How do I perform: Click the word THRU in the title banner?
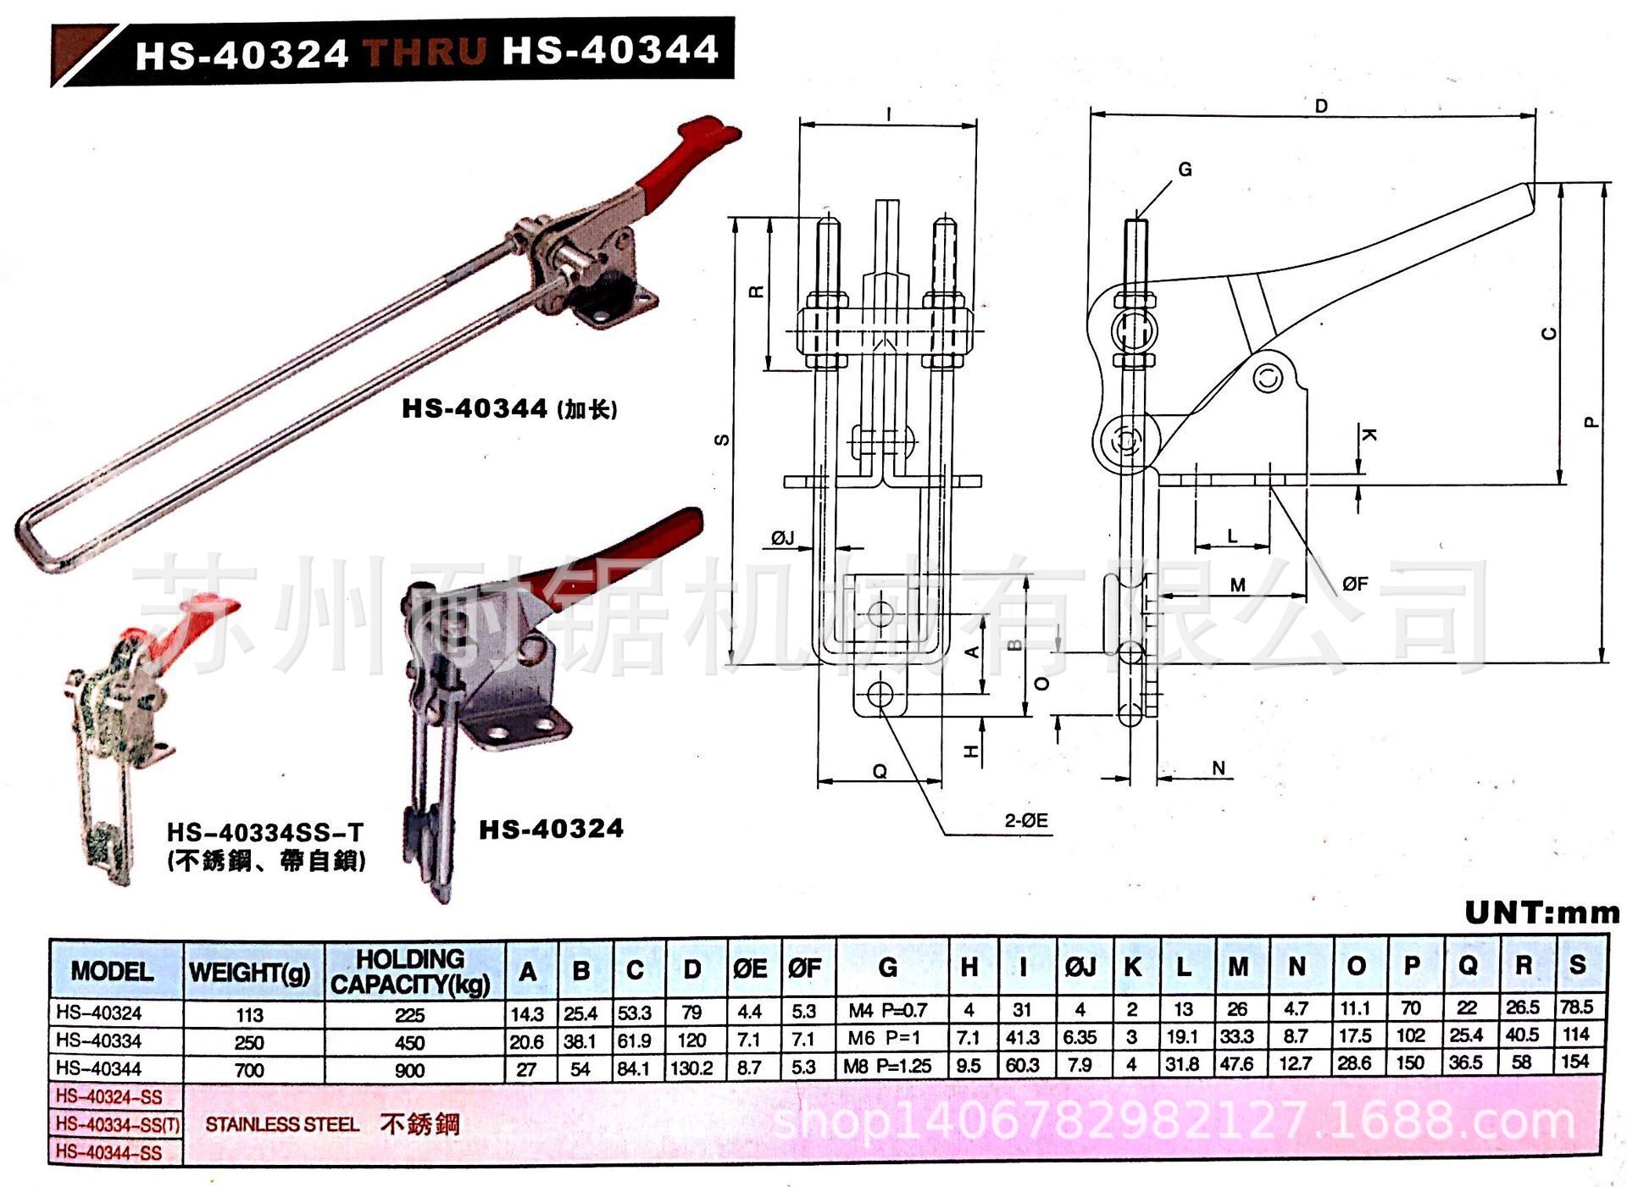(425, 51)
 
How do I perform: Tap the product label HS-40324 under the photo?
(551, 829)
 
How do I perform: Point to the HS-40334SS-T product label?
(264, 832)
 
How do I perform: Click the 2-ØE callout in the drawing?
(1026, 820)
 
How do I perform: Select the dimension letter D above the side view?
(1321, 107)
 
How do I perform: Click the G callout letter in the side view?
(1185, 169)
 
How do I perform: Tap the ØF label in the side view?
(1354, 583)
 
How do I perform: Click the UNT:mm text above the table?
(1541, 912)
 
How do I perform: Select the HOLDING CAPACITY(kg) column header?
(411, 971)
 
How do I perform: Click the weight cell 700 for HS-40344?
(249, 1069)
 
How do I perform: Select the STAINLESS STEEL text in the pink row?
(282, 1124)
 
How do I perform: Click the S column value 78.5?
(1576, 1007)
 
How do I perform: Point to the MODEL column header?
(112, 971)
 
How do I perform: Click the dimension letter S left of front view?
(722, 440)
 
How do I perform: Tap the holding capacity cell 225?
(409, 1015)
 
